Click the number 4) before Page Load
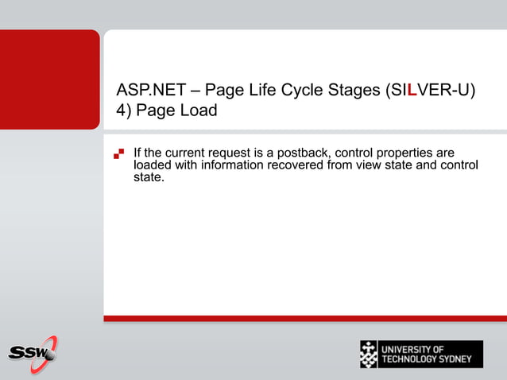[124, 111]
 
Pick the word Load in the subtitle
[197, 111]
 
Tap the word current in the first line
[183, 152]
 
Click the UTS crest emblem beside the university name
[369, 354]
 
